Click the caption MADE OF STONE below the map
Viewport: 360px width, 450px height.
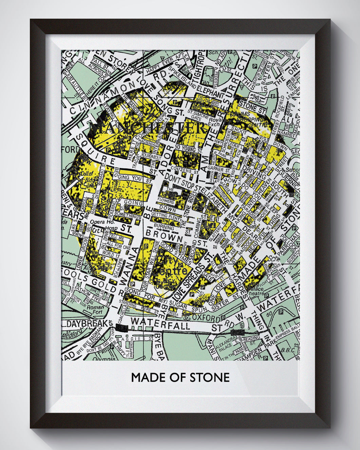click(180, 377)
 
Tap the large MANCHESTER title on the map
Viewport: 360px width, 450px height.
click(148, 128)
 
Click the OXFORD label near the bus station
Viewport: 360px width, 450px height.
click(206, 318)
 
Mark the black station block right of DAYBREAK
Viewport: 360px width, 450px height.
click(121, 328)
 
